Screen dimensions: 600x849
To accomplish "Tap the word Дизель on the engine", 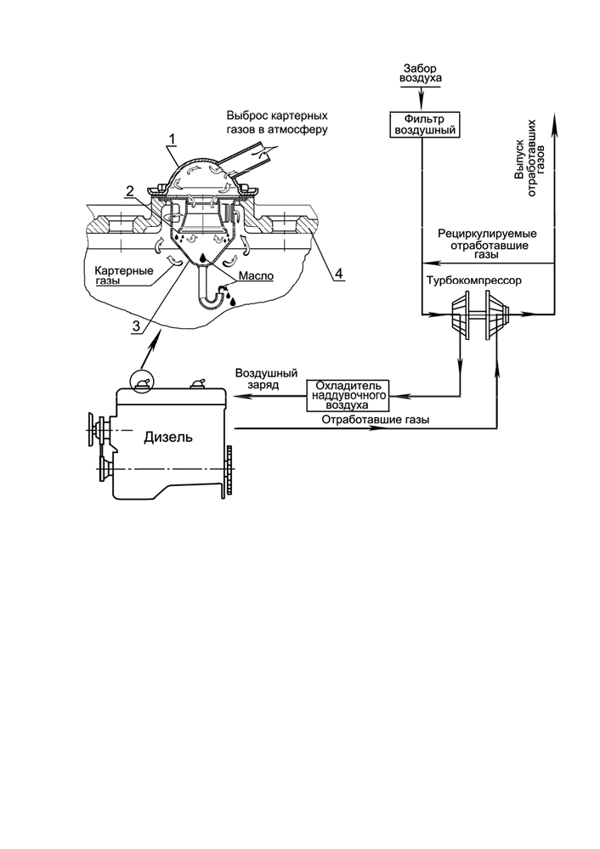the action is (168, 437).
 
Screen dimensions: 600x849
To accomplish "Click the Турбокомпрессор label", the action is (474, 281).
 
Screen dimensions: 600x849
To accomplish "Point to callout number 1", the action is (173, 139).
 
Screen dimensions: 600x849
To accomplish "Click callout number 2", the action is (129, 190).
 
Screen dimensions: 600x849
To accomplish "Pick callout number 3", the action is (137, 326).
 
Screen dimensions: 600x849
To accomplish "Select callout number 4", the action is (338, 273).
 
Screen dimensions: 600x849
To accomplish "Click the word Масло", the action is (256, 276).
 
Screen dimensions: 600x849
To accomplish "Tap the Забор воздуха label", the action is (421, 73).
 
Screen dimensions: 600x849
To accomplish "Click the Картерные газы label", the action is (123, 275).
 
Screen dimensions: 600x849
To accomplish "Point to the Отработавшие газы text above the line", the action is (376, 420).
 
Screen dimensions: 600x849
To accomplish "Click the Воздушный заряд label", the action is (266, 379).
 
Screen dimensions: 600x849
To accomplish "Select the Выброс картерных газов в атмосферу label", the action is (277, 123).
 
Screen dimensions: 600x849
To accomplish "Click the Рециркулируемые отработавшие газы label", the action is (487, 244).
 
